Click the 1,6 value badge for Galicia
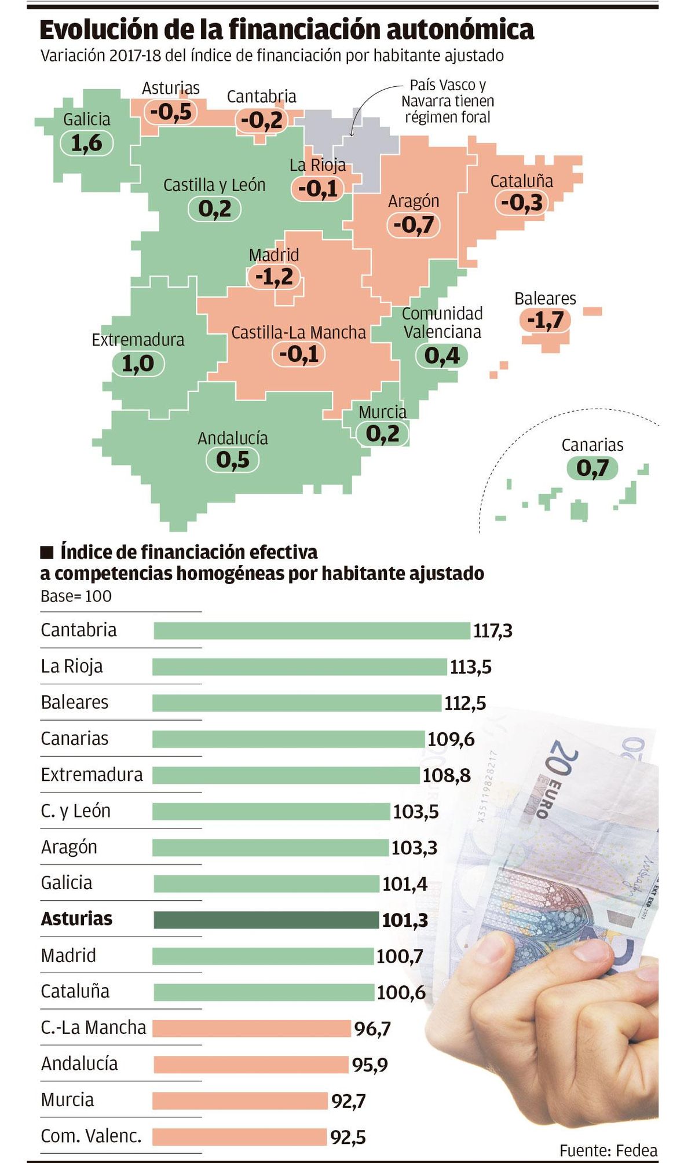pyautogui.click(x=86, y=143)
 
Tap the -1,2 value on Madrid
pyautogui.click(x=275, y=277)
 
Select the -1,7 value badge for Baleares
pyautogui.click(x=545, y=320)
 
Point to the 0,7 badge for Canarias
pyautogui.click(x=592, y=468)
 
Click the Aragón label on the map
pyautogui.click(x=414, y=201)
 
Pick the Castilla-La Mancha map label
pyautogui.click(x=298, y=333)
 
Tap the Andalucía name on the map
pyautogui.click(x=233, y=438)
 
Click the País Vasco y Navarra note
pyautogui.click(x=448, y=101)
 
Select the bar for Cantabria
pyautogui.click(x=312, y=630)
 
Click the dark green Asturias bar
pyautogui.click(x=266, y=920)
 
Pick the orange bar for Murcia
pyautogui.click(x=240, y=1100)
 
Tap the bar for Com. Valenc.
pyautogui.click(x=239, y=1136)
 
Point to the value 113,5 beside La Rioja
pyautogui.click(x=470, y=667)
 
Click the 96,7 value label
pyautogui.click(x=372, y=1029)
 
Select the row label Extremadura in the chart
pyautogui.click(x=92, y=775)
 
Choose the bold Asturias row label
pyautogui.click(x=76, y=919)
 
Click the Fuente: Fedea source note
pyautogui.click(x=608, y=1150)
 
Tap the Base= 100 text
pyautogui.click(x=76, y=596)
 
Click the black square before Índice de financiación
pyautogui.click(x=47, y=552)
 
